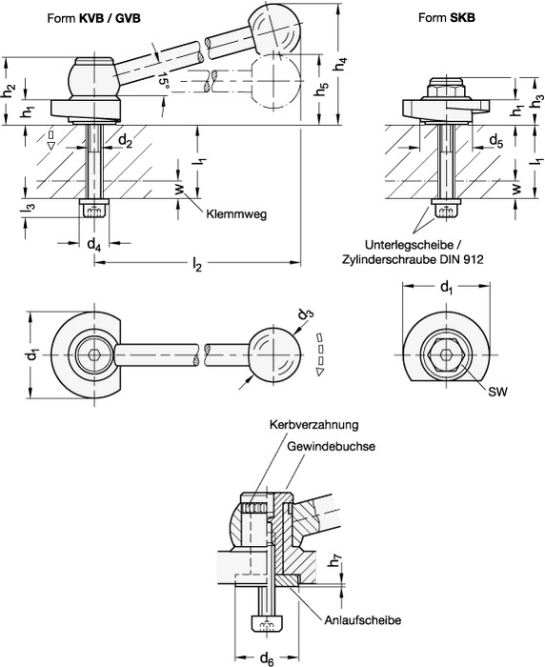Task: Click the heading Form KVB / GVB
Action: click(x=93, y=18)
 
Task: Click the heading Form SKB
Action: click(x=447, y=17)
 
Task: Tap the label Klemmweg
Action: click(x=236, y=214)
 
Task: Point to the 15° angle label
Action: click(x=164, y=80)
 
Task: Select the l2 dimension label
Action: click(x=196, y=266)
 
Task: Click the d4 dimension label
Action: click(x=94, y=245)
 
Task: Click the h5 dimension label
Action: click(x=322, y=89)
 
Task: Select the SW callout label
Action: click(x=497, y=392)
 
